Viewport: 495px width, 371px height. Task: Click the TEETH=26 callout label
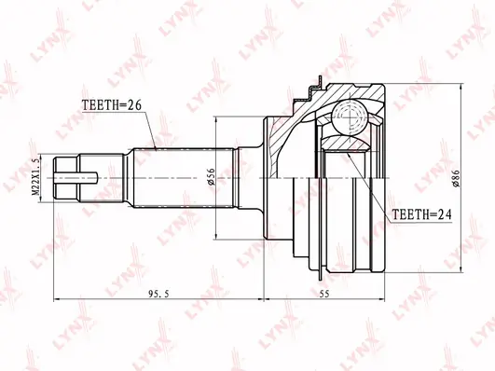112,104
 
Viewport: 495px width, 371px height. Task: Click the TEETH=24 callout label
421,214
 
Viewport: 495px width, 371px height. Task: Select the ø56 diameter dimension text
211,176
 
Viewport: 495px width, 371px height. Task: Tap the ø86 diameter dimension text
456,178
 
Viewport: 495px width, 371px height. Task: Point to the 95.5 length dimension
158,294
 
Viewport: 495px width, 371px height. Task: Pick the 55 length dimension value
324,294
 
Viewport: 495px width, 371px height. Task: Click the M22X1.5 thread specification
37,177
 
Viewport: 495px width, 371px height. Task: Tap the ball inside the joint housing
351,117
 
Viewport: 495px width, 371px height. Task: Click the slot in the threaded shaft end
76,178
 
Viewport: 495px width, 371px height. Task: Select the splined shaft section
184,178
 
